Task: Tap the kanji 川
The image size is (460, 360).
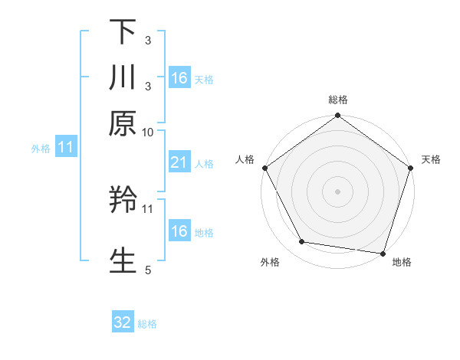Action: (123, 77)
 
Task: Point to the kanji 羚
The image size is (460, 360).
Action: (123, 201)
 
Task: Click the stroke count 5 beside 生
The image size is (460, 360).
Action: (148, 270)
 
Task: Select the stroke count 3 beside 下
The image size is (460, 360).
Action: (148, 40)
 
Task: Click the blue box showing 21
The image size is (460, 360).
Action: (179, 162)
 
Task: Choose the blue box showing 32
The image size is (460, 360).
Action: (123, 323)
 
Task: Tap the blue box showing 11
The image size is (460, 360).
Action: (65, 148)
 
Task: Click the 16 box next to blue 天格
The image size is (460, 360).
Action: (179, 78)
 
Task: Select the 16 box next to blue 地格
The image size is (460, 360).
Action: (179, 231)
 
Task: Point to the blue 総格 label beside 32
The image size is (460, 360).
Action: (147, 324)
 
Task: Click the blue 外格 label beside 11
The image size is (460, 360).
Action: (41, 149)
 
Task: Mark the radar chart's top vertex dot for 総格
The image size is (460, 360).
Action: (337, 116)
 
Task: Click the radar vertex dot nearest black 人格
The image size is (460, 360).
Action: (264, 169)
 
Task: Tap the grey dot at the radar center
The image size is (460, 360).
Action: (337, 191)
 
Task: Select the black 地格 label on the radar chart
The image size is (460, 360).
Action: (402, 263)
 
